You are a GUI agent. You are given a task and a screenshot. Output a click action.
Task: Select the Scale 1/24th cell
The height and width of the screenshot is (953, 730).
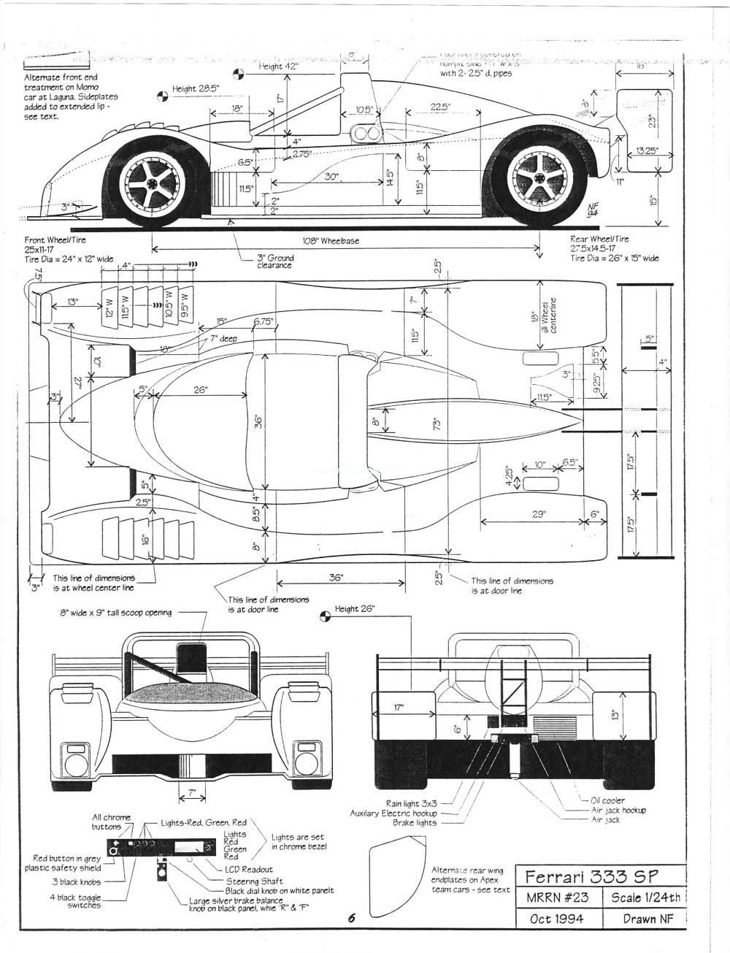coord(644,897)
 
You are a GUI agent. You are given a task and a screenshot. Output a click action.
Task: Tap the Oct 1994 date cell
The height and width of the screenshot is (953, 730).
coord(556,919)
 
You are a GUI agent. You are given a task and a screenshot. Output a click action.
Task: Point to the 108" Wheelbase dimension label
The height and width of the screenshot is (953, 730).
coord(331,241)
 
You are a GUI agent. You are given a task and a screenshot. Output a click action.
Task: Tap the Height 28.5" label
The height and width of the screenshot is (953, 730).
coord(195,89)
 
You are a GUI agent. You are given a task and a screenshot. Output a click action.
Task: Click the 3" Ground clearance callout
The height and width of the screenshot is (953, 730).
coord(274,261)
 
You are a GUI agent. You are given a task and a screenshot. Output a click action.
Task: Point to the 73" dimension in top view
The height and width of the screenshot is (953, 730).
coord(437,424)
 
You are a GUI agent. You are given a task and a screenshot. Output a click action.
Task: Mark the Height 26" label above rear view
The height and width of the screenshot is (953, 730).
coord(354,609)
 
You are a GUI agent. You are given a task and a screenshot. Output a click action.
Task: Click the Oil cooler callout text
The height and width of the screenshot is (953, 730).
coord(607,800)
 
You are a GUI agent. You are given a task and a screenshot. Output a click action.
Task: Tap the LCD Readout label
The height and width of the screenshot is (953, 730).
coord(248,869)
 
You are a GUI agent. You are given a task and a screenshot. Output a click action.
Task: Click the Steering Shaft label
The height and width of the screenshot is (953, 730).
coord(254,881)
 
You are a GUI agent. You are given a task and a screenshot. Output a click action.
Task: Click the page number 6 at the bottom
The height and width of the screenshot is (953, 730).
coord(351,919)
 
